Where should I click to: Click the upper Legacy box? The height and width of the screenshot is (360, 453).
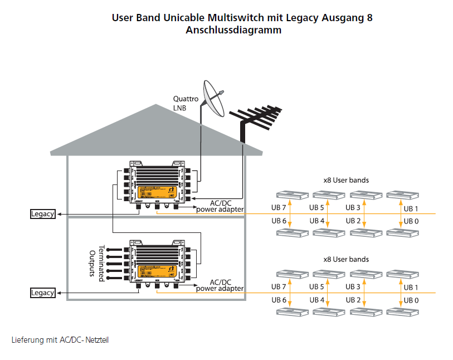click(42, 214)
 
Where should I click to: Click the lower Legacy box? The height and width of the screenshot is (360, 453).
click(42, 293)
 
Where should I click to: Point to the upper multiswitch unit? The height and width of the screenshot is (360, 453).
click(159, 186)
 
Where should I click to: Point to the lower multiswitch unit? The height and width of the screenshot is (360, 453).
click(159, 264)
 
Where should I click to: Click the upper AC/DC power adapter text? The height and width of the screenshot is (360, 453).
click(220, 206)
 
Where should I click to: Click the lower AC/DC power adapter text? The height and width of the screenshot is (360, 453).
click(220, 285)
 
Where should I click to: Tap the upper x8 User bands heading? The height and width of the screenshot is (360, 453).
click(346, 181)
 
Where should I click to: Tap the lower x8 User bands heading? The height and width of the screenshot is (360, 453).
click(346, 259)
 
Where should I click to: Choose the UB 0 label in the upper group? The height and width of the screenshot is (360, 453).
click(411, 221)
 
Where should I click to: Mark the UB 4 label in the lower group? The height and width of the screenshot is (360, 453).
click(317, 300)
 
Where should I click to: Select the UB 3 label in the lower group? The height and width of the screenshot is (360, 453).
click(353, 286)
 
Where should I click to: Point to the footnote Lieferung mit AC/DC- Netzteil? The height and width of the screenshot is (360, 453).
click(60, 339)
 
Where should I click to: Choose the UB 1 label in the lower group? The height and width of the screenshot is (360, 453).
click(411, 288)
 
